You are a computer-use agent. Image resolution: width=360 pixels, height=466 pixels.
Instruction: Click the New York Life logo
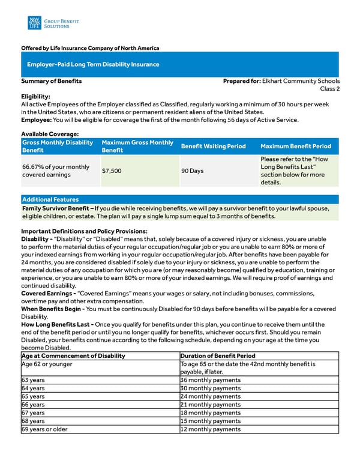coord(34,23)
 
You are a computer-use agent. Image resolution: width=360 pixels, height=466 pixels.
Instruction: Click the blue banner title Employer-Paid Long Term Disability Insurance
coord(93,64)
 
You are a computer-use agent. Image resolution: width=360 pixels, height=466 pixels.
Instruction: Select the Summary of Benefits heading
coord(52,81)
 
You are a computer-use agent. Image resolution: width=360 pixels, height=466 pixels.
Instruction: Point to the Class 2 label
coord(329,89)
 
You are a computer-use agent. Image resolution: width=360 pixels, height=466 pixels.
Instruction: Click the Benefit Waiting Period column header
coord(213,147)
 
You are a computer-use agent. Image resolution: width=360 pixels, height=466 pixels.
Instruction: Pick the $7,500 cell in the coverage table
coord(112,171)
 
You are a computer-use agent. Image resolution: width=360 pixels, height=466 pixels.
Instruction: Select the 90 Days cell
coord(193,171)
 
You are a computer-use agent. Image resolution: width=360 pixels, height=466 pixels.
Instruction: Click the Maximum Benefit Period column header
coord(296,147)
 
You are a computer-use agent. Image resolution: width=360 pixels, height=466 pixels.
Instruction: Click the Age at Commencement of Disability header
coord(73,356)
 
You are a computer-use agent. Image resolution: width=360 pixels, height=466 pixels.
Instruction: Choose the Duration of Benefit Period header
coord(218,356)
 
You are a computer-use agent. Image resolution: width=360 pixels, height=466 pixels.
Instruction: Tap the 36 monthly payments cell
coord(211,380)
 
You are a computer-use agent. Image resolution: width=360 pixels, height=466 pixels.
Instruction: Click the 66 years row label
coord(33,405)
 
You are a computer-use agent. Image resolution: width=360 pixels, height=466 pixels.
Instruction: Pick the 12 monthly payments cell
coord(211,429)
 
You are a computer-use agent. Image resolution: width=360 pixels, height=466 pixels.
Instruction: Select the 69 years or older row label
coord(44,429)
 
